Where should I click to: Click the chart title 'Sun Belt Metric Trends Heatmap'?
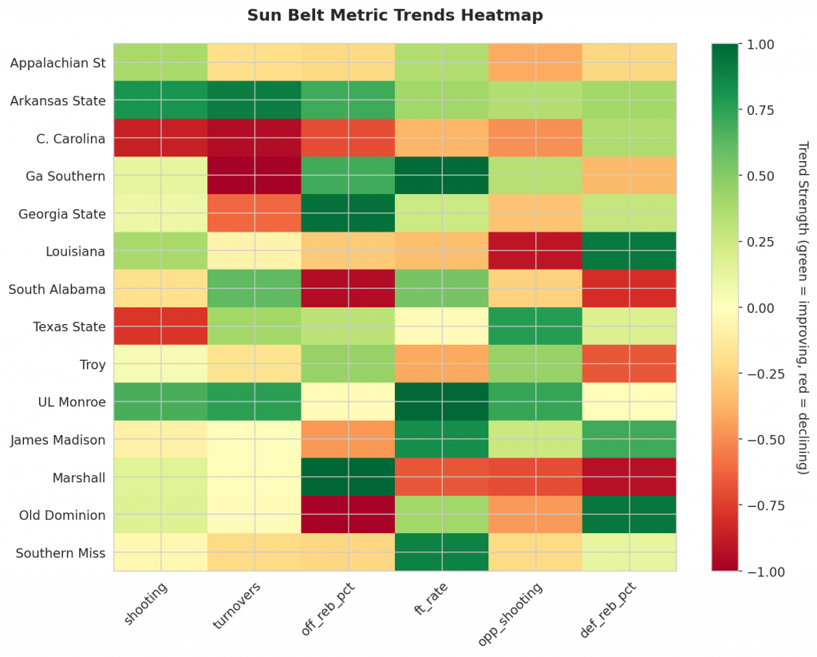pos(395,15)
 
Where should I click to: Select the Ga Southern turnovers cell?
pos(254,176)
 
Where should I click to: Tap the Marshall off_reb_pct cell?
pos(348,477)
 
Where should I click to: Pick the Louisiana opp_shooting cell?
pos(535,251)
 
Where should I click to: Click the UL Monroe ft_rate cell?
pos(441,402)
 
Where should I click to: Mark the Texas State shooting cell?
pos(160,327)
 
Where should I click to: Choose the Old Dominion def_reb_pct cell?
pos(629,515)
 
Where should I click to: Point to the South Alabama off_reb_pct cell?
pos(348,289)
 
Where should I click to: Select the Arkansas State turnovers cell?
pos(254,101)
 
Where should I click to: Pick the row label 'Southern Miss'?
pos(61,553)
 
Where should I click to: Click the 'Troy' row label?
pos(93,365)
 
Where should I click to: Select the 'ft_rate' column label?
pos(430,603)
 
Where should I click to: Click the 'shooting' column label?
pos(146,605)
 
